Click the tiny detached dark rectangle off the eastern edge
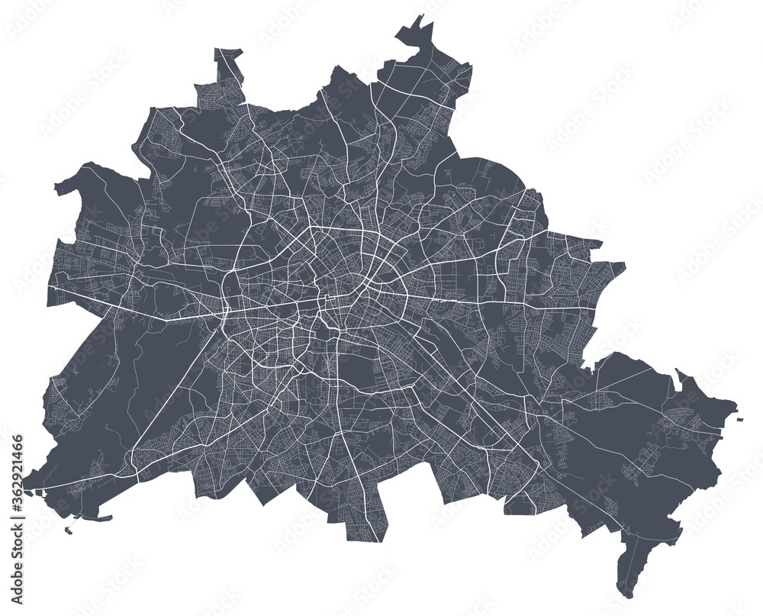point(739,418)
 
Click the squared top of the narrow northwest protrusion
point(228,52)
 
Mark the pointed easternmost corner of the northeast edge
point(625,266)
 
